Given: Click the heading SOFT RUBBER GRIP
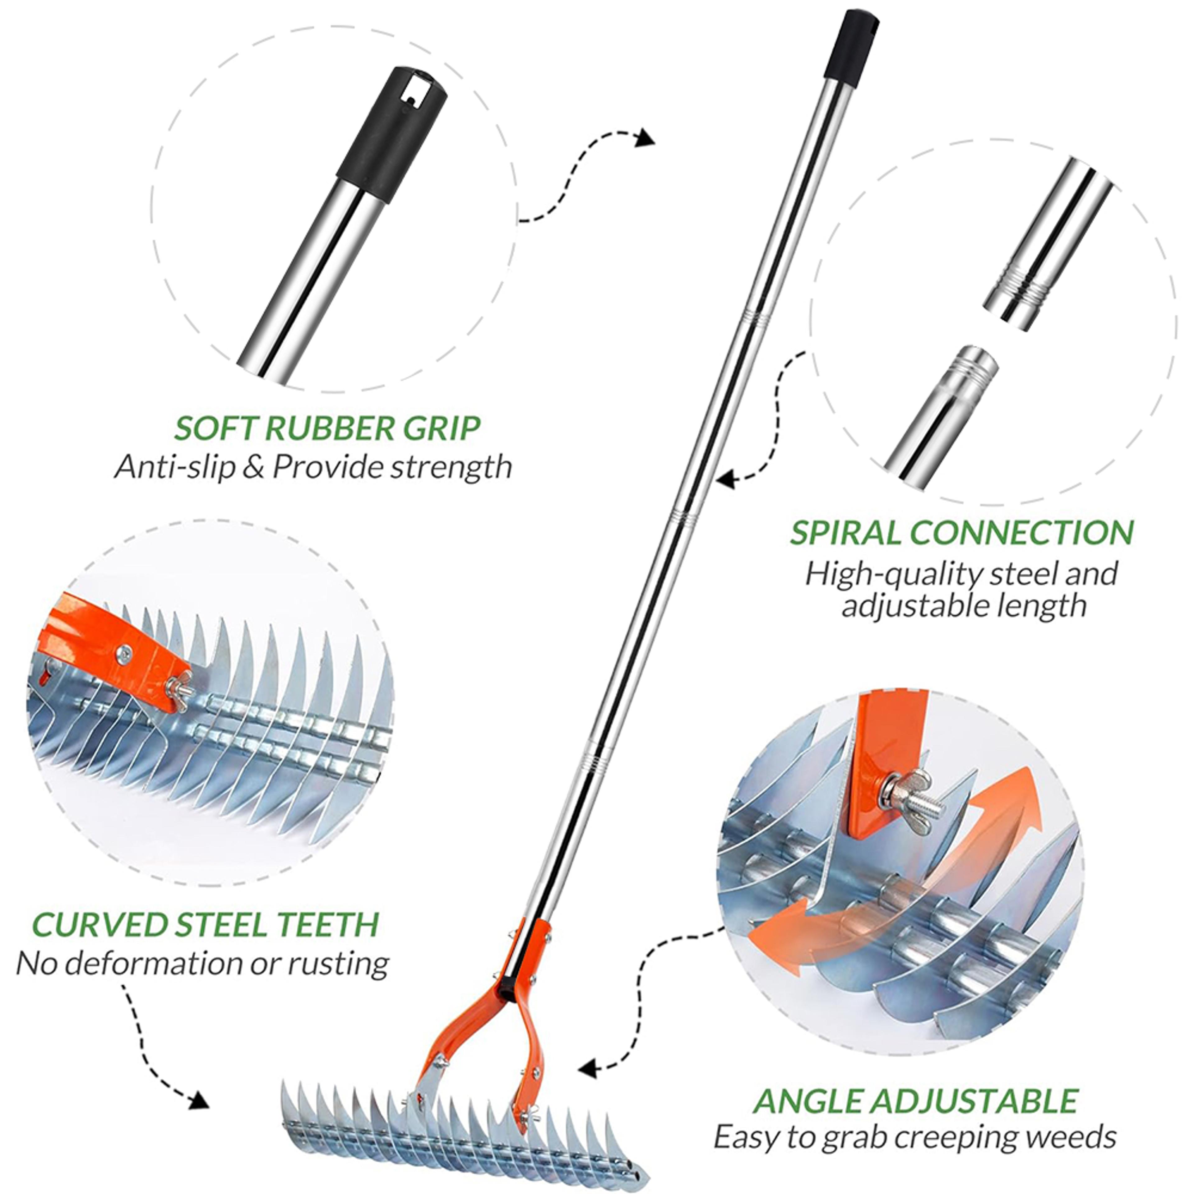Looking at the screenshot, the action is [327, 428].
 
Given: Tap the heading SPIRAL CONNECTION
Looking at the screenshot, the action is [962, 532].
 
